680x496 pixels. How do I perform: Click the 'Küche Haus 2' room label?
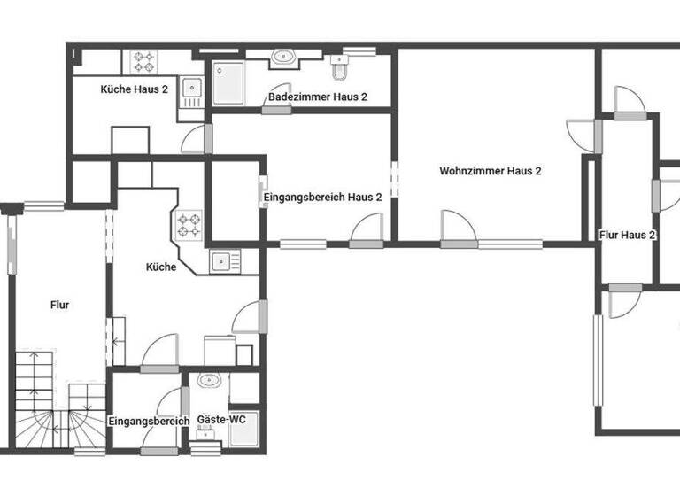click(135, 89)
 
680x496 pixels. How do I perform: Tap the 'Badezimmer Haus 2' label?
click(318, 97)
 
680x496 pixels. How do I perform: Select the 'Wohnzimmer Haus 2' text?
click(490, 171)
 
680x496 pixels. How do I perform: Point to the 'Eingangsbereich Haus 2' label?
click(323, 198)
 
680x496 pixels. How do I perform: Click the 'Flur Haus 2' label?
click(627, 235)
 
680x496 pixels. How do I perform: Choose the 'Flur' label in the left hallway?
click(60, 305)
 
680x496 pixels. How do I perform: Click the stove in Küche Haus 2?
click(143, 62)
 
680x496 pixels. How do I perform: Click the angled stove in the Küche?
click(189, 225)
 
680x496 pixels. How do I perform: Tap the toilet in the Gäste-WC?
click(209, 381)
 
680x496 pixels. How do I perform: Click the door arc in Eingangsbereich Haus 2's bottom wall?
click(366, 229)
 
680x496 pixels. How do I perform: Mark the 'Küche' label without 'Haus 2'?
click(161, 267)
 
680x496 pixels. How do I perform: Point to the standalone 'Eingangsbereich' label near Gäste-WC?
click(149, 421)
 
